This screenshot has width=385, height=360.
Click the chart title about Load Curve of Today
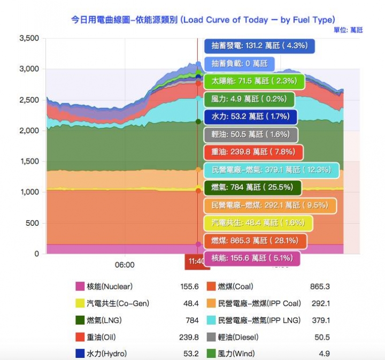(203, 20)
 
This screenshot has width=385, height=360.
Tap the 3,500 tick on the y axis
(29, 38)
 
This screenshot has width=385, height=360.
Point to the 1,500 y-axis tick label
(29, 162)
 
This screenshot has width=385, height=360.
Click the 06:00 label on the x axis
(125, 264)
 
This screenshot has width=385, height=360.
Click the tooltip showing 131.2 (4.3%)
(259, 46)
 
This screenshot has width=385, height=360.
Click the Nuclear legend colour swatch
(80, 286)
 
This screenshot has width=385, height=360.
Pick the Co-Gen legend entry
(118, 303)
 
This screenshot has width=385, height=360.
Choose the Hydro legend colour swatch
(80, 354)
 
